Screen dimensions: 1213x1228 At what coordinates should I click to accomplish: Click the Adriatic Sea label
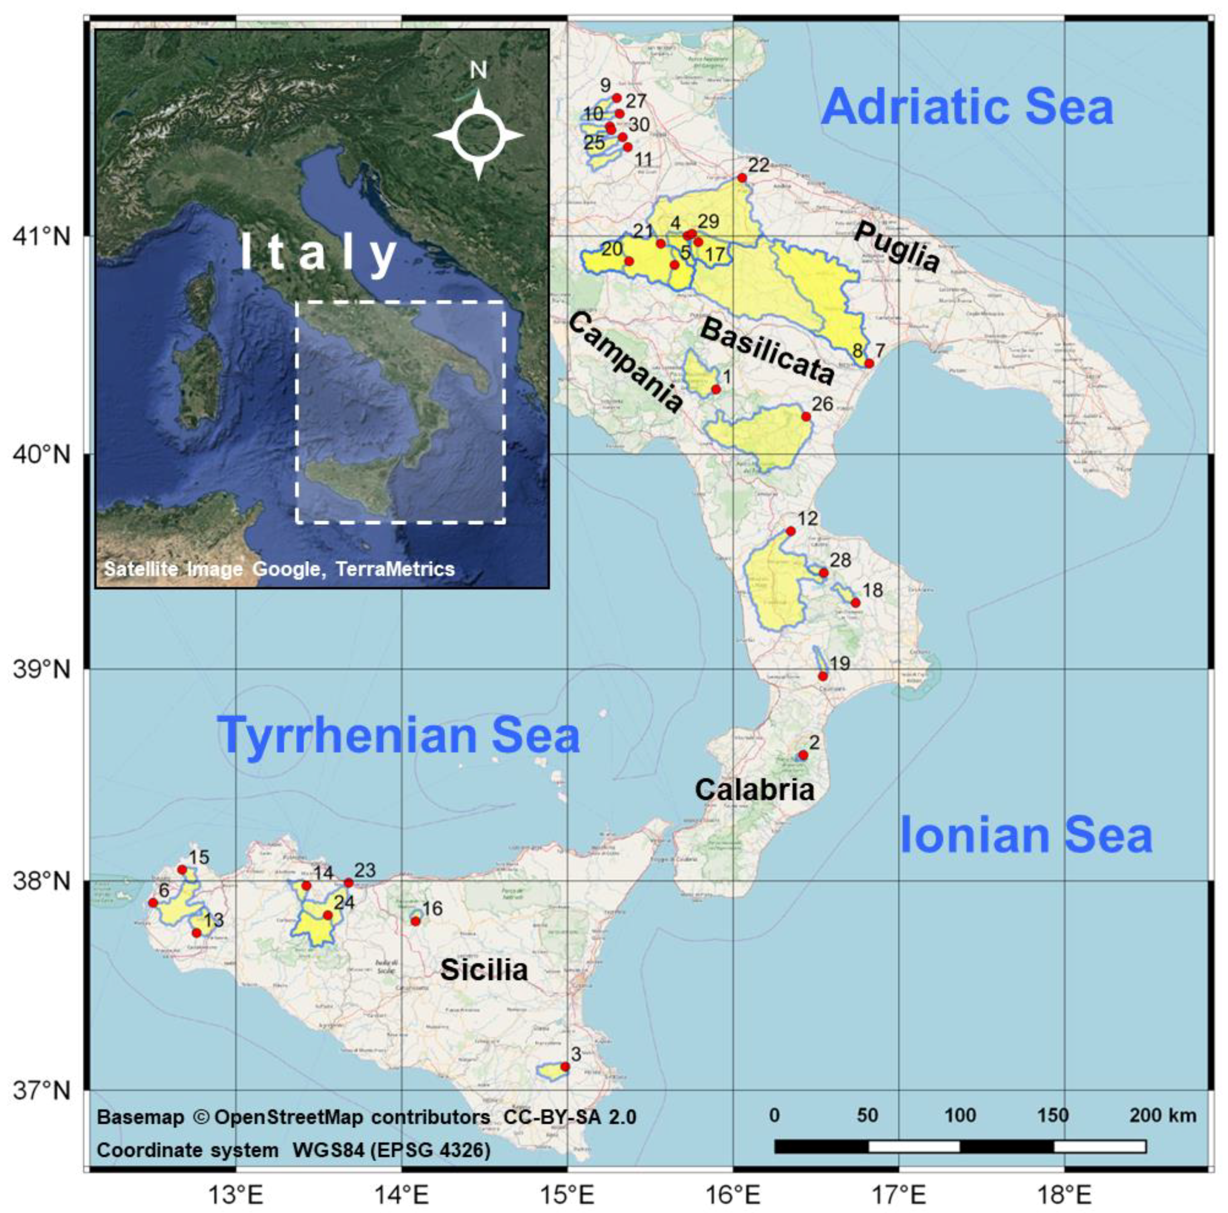point(967,108)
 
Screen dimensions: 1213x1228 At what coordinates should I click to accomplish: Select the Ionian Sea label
point(1026,836)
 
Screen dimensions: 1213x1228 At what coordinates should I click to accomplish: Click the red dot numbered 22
point(742,178)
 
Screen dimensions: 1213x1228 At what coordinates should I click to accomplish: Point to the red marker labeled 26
point(806,417)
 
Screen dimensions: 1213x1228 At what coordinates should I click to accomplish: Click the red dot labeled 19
point(823,676)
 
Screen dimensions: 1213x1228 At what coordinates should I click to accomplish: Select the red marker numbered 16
point(416,921)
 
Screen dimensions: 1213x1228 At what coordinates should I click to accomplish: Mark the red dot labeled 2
point(803,755)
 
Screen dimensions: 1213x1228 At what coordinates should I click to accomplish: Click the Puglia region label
point(896,248)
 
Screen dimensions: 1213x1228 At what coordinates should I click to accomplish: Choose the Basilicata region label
point(767,351)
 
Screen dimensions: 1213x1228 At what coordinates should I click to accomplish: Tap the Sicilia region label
point(484,970)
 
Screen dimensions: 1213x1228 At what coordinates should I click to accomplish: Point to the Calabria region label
point(755,790)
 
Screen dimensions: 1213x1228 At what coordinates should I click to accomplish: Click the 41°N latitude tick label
point(41,238)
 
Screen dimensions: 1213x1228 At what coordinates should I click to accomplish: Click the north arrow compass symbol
point(479,135)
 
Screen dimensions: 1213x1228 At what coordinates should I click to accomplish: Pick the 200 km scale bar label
point(1162,1115)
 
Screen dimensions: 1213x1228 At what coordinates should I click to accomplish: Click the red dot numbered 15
point(183,869)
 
